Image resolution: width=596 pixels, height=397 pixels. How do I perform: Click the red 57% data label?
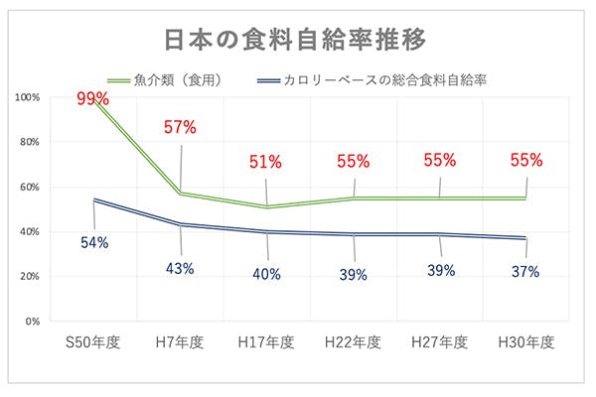pyautogui.click(x=180, y=127)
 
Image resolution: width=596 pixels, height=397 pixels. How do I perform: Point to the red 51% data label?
pyautogui.click(x=266, y=161)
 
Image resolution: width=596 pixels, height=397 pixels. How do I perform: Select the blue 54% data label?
pyautogui.click(x=94, y=241)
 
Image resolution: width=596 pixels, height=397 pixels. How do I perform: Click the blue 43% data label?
pyautogui.click(x=180, y=268)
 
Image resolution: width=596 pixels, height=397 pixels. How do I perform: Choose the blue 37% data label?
pyautogui.click(x=525, y=271)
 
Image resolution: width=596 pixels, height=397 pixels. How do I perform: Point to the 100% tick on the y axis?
pyautogui.click(x=28, y=97)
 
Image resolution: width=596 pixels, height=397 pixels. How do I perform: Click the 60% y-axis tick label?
pyautogui.click(x=30, y=187)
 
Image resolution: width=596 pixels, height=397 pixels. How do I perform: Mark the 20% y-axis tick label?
pyautogui.click(x=30, y=277)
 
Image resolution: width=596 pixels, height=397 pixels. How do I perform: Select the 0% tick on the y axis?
pyautogui.click(x=32, y=322)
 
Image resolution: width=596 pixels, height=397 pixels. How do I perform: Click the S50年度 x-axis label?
pyautogui.click(x=94, y=342)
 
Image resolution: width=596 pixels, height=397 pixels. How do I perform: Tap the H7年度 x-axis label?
pyautogui.click(x=180, y=342)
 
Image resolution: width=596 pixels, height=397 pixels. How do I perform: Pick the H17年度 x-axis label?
pyautogui.click(x=266, y=342)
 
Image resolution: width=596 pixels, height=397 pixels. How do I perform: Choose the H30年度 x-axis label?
pyautogui.click(x=525, y=342)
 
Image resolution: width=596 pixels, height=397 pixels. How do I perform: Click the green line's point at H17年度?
pyautogui.click(x=267, y=206)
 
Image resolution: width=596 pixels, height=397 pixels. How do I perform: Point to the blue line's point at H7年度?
pyautogui.click(x=181, y=224)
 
